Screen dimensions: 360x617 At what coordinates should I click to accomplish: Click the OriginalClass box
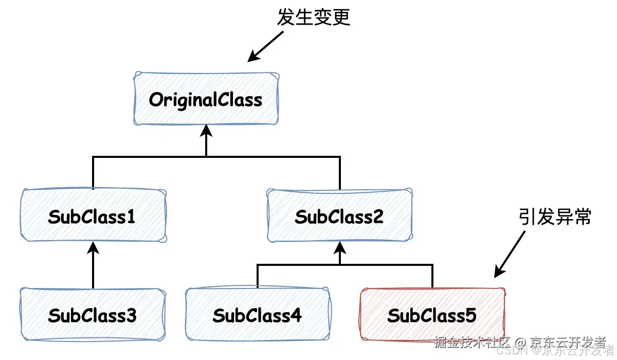click(206, 99)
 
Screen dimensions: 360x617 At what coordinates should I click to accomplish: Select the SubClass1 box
click(93, 216)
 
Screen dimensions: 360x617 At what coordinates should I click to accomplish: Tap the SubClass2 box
click(339, 216)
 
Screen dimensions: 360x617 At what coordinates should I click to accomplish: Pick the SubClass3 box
click(93, 315)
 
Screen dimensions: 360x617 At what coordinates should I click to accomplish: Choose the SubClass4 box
click(257, 315)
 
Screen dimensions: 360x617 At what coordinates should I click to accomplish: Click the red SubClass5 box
click(432, 315)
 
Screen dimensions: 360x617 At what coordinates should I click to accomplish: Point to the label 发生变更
click(313, 17)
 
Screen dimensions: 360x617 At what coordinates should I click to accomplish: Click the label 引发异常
click(555, 217)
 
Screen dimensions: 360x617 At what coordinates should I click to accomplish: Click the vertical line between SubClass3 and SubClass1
click(93, 270)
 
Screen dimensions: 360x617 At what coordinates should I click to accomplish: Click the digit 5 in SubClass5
click(470, 315)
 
